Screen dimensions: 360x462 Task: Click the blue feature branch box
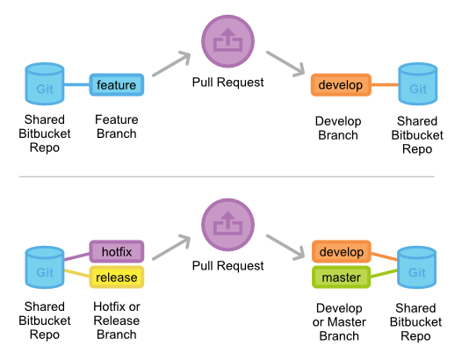pyautogui.click(x=116, y=85)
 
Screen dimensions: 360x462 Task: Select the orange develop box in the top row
pyautogui.click(x=340, y=85)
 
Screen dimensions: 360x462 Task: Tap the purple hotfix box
pyautogui.click(x=116, y=252)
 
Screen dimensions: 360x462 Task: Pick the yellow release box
pyautogui.click(x=116, y=277)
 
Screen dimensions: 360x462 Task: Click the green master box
pyautogui.click(x=340, y=277)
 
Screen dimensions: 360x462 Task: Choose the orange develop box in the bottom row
pyautogui.click(x=340, y=252)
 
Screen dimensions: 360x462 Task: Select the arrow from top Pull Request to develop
pyautogui.click(x=285, y=63)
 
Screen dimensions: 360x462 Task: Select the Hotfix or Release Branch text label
pyautogui.click(x=116, y=320)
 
